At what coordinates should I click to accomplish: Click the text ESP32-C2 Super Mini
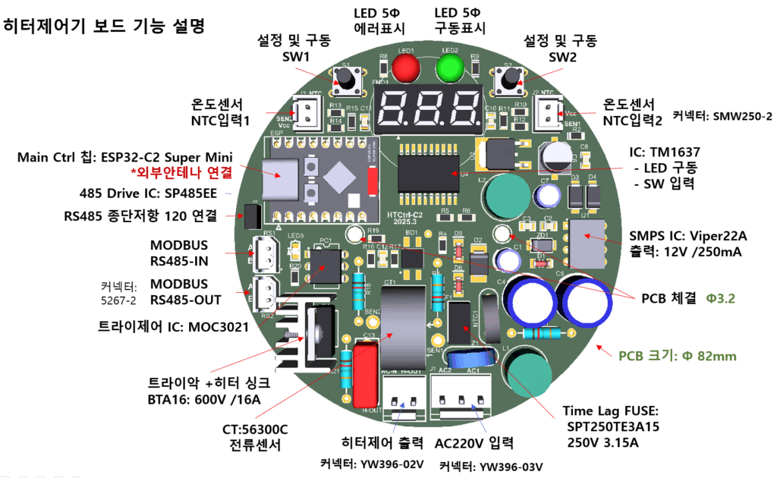click(x=178, y=158)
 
